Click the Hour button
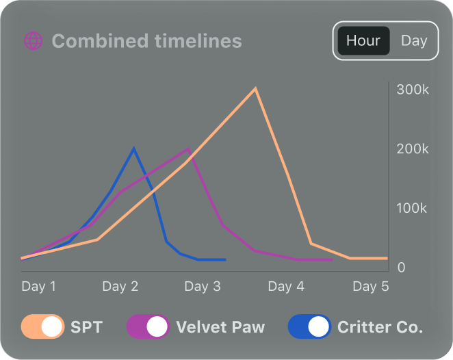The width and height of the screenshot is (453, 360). [363, 40]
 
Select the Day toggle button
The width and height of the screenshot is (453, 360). [414, 40]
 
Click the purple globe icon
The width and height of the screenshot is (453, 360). [33, 41]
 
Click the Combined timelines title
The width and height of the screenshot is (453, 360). [146, 41]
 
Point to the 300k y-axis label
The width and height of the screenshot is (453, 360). [413, 90]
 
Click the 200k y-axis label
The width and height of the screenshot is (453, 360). [413, 149]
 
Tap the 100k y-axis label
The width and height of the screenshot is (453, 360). [413, 208]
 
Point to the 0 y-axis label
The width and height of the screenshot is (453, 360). [402, 267]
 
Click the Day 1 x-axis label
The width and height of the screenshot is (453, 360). [39, 286]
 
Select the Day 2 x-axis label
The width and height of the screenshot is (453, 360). [120, 286]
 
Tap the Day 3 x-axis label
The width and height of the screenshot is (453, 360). [203, 286]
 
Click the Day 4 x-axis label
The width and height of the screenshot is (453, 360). [285, 286]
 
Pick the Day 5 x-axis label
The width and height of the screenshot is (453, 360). [370, 286]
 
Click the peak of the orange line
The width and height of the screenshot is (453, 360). [255, 88]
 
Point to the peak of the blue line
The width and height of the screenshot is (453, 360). [133, 149]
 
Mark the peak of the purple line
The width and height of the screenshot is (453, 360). [189, 149]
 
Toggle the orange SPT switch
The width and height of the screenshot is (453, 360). [42, 327]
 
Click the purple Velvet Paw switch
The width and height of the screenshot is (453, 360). [148, 327]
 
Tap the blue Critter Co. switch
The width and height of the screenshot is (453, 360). [309, 327]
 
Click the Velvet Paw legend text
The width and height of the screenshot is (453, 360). [220, 327]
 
